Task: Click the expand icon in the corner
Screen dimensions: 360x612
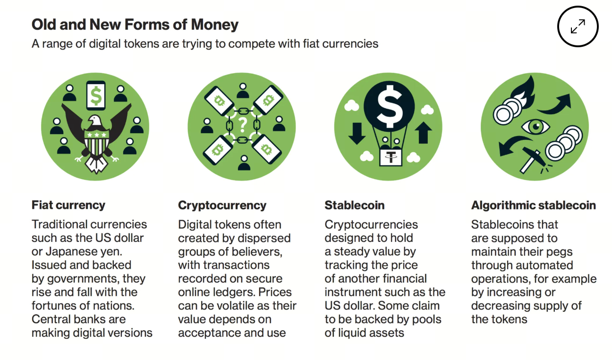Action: (x=578, y=26)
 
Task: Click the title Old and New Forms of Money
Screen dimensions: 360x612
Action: (x=135, y=25)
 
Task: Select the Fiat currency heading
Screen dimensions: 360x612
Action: (x=68, y=205)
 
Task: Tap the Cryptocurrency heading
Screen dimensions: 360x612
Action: (x=222, y=206)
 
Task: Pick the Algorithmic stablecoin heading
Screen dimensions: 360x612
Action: (x=533, y=206)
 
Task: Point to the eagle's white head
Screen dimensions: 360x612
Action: (x=95, y=121)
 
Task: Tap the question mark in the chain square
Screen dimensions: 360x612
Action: (x=243, y=125)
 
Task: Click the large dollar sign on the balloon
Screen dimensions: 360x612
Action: (x=389, y=103)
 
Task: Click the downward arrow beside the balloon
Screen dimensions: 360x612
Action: (x=357, y=134)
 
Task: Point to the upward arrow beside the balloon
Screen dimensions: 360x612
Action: (x=423, y=132)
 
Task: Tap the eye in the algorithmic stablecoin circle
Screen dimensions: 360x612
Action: (x=535, y=126)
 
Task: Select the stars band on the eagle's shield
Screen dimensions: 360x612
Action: (x=96, y=135)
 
